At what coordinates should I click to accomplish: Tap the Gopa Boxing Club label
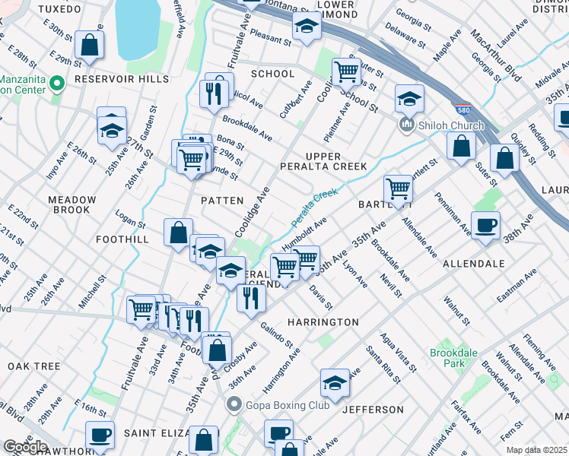[x=287, y=405]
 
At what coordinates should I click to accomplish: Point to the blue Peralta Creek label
[x=313, y=207]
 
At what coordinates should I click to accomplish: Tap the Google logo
[x=24, y=447]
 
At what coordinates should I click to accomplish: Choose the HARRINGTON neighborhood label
[x=323, y=322]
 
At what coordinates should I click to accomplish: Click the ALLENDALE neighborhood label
[x=474, y=264]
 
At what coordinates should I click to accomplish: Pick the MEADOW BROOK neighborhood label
[x=72, y=205]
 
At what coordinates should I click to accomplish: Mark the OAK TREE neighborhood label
[x=33, y=366]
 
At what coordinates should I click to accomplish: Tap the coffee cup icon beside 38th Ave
[x=485, y=225]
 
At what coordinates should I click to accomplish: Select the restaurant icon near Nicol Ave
[x=212, y=93]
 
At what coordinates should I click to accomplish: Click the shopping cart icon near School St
[x=347, y=72]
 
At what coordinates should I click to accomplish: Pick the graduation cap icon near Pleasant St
[x=307, y=27]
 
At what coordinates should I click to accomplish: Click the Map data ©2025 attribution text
[x=537, y=450]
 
